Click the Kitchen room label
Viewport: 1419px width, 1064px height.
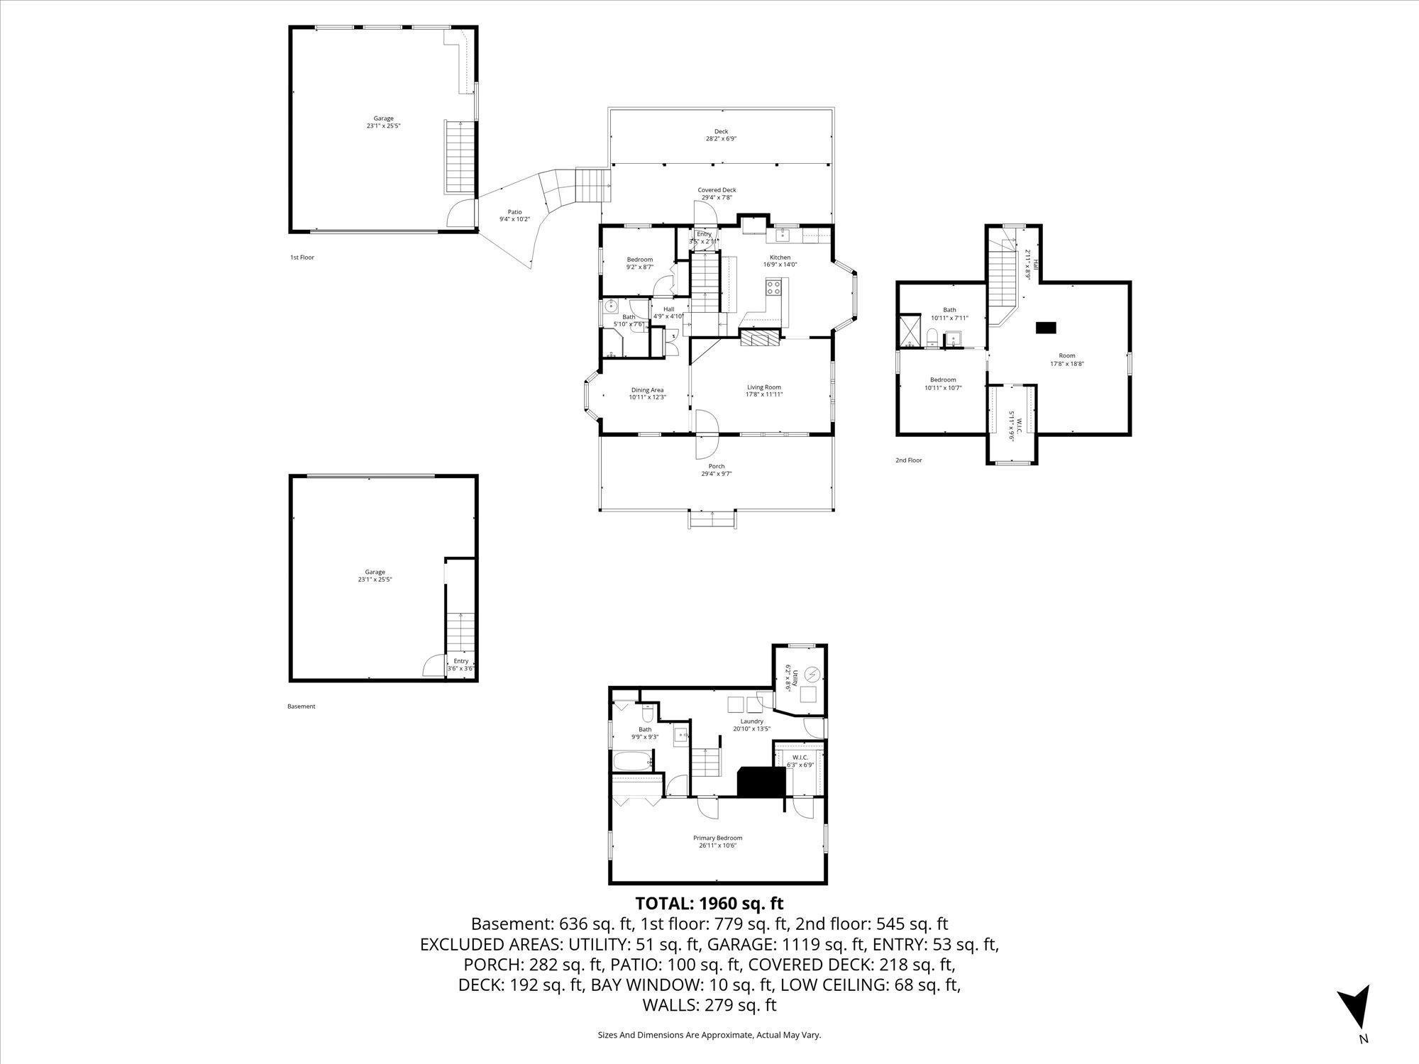780,261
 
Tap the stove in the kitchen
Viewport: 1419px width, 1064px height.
773,287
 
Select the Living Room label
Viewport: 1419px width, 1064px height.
763,391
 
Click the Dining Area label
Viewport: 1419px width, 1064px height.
647,393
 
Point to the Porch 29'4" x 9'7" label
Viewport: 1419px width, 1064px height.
717,470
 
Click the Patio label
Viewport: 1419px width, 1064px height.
514,215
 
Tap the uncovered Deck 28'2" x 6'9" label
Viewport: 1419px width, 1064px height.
721,135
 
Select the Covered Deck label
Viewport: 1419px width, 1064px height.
717,194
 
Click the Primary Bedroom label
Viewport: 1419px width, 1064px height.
717,841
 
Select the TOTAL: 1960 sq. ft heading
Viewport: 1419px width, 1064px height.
709,904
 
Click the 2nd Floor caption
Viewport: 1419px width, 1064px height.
908,460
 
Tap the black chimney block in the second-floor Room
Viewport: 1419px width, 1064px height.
1045,327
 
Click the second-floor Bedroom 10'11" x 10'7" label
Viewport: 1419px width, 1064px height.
943,384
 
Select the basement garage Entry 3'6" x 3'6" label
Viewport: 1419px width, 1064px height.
460,665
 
